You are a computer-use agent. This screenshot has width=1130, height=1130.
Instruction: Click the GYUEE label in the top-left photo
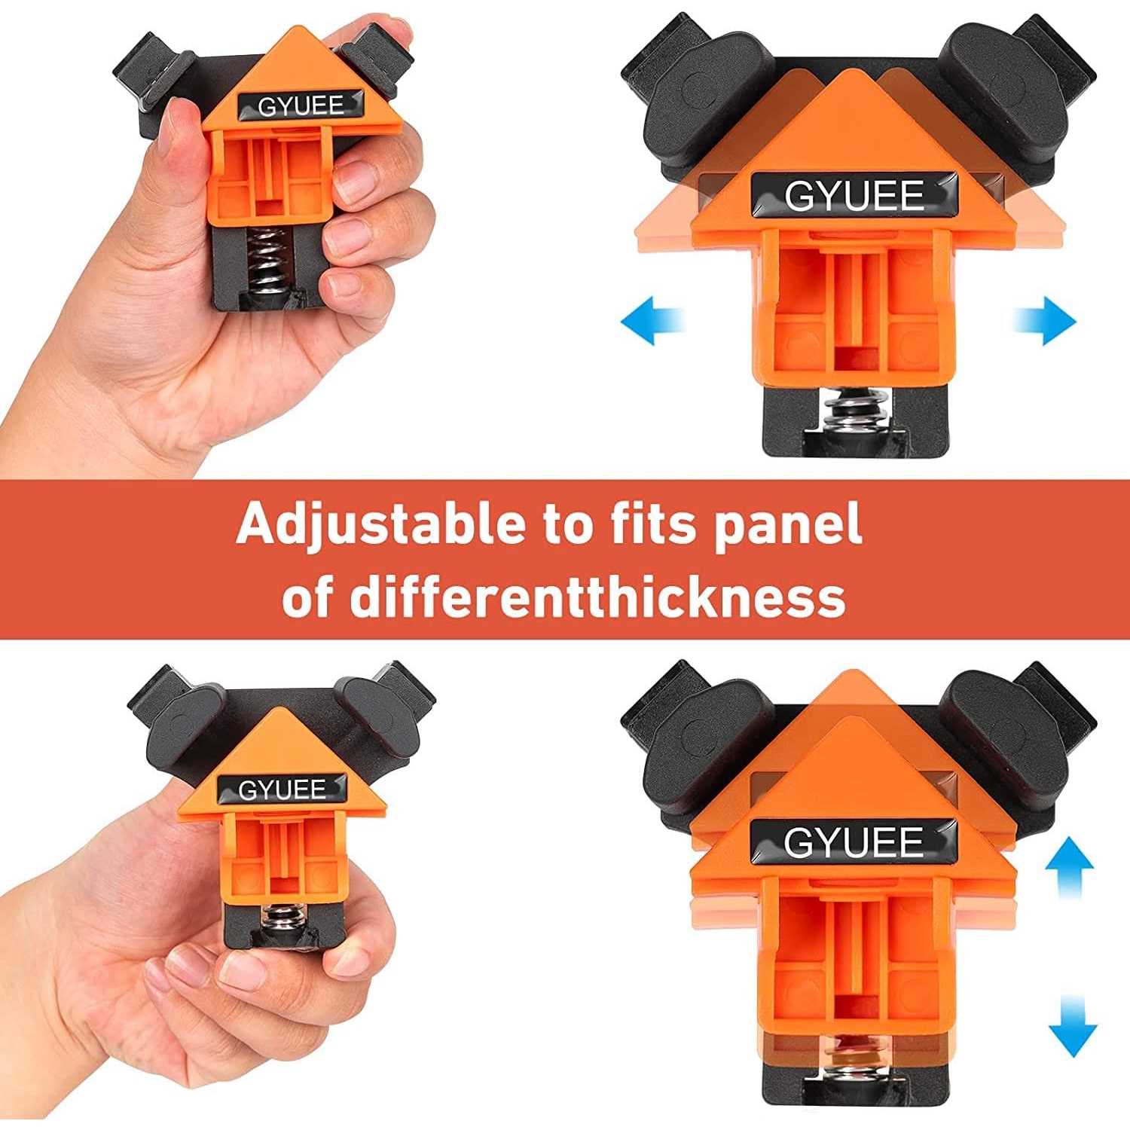tap(301, 106)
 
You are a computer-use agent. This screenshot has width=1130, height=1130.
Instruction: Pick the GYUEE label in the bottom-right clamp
tap(854, 841)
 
